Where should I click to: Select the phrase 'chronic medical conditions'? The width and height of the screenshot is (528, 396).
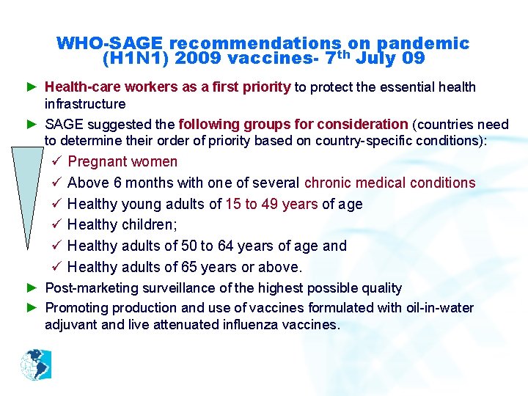(389, 183)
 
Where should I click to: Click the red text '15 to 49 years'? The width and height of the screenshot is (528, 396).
(272, 204)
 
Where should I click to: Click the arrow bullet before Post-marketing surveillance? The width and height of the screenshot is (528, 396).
(32, 288)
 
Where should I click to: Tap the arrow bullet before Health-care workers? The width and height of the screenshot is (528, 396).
(32, 87)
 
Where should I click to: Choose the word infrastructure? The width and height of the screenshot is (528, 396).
(85, 104)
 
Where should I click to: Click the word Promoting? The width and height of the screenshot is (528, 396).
(77, 308)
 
